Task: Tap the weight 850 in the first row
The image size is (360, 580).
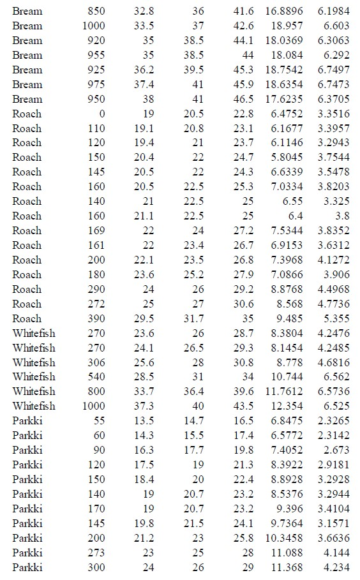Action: click(95, 11)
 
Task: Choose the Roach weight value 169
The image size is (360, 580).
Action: click(96, 230)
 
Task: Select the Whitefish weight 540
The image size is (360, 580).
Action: click(96, 376)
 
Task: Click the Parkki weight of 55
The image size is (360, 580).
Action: click(98, 420)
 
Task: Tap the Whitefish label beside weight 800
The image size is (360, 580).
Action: click(34, 391)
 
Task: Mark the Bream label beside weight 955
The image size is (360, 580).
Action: click(27, 56)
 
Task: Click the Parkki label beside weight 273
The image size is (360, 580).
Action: click(27, 553)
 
